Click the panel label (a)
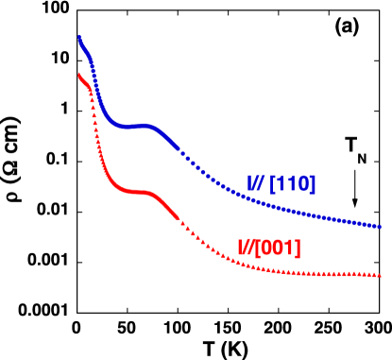pos(347,28)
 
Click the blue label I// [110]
pos(281,183)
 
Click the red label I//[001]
pos(269,249)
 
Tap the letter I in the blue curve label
pos(250,183)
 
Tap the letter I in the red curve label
pos(241,249)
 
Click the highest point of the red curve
pos(78,75)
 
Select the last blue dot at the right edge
pos(378,227)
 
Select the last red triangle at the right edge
pos(378,276)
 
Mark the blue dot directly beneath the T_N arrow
pos(355,222)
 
